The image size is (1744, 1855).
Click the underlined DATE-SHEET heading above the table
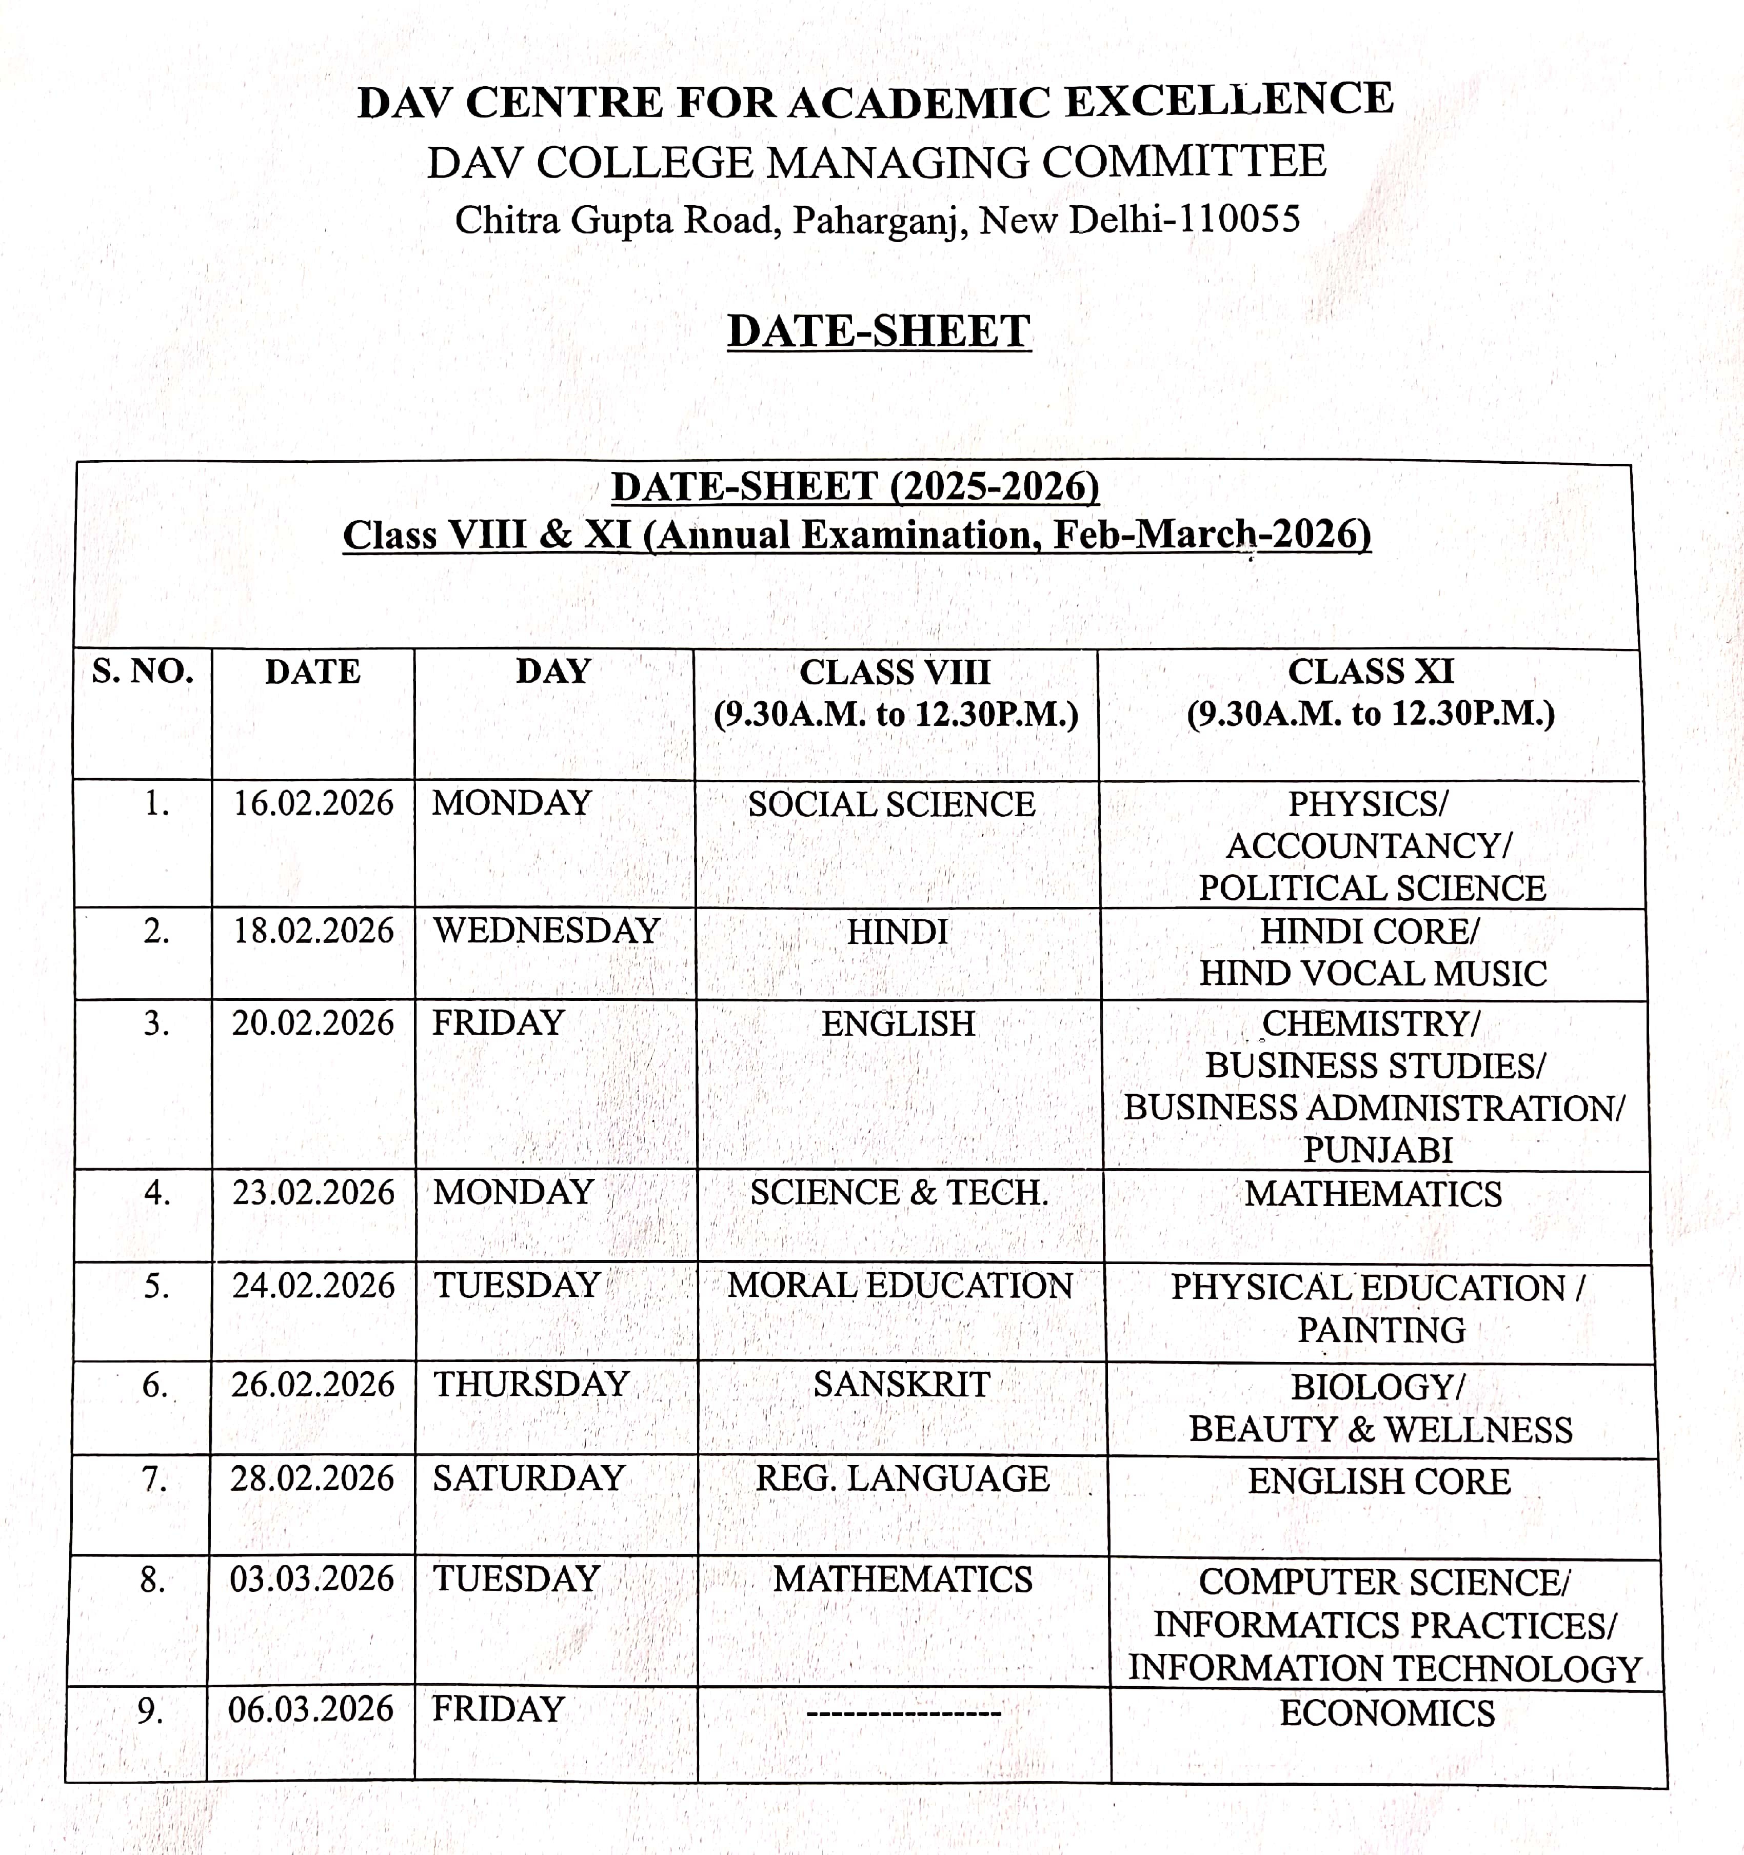point(879,331)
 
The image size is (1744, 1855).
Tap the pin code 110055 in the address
point(1239,219)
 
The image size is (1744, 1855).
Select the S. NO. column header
point(143,672)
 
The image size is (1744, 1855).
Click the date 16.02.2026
point(313,803)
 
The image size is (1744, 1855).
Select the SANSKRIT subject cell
point(901,1385)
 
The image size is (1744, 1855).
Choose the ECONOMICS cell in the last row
point(1386,1714)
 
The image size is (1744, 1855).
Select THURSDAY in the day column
point(531,1384)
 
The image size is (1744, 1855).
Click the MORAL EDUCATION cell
point(900,1286)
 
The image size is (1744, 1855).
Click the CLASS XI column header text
point(1371,672)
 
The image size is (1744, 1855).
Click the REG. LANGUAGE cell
point(902,1479)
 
